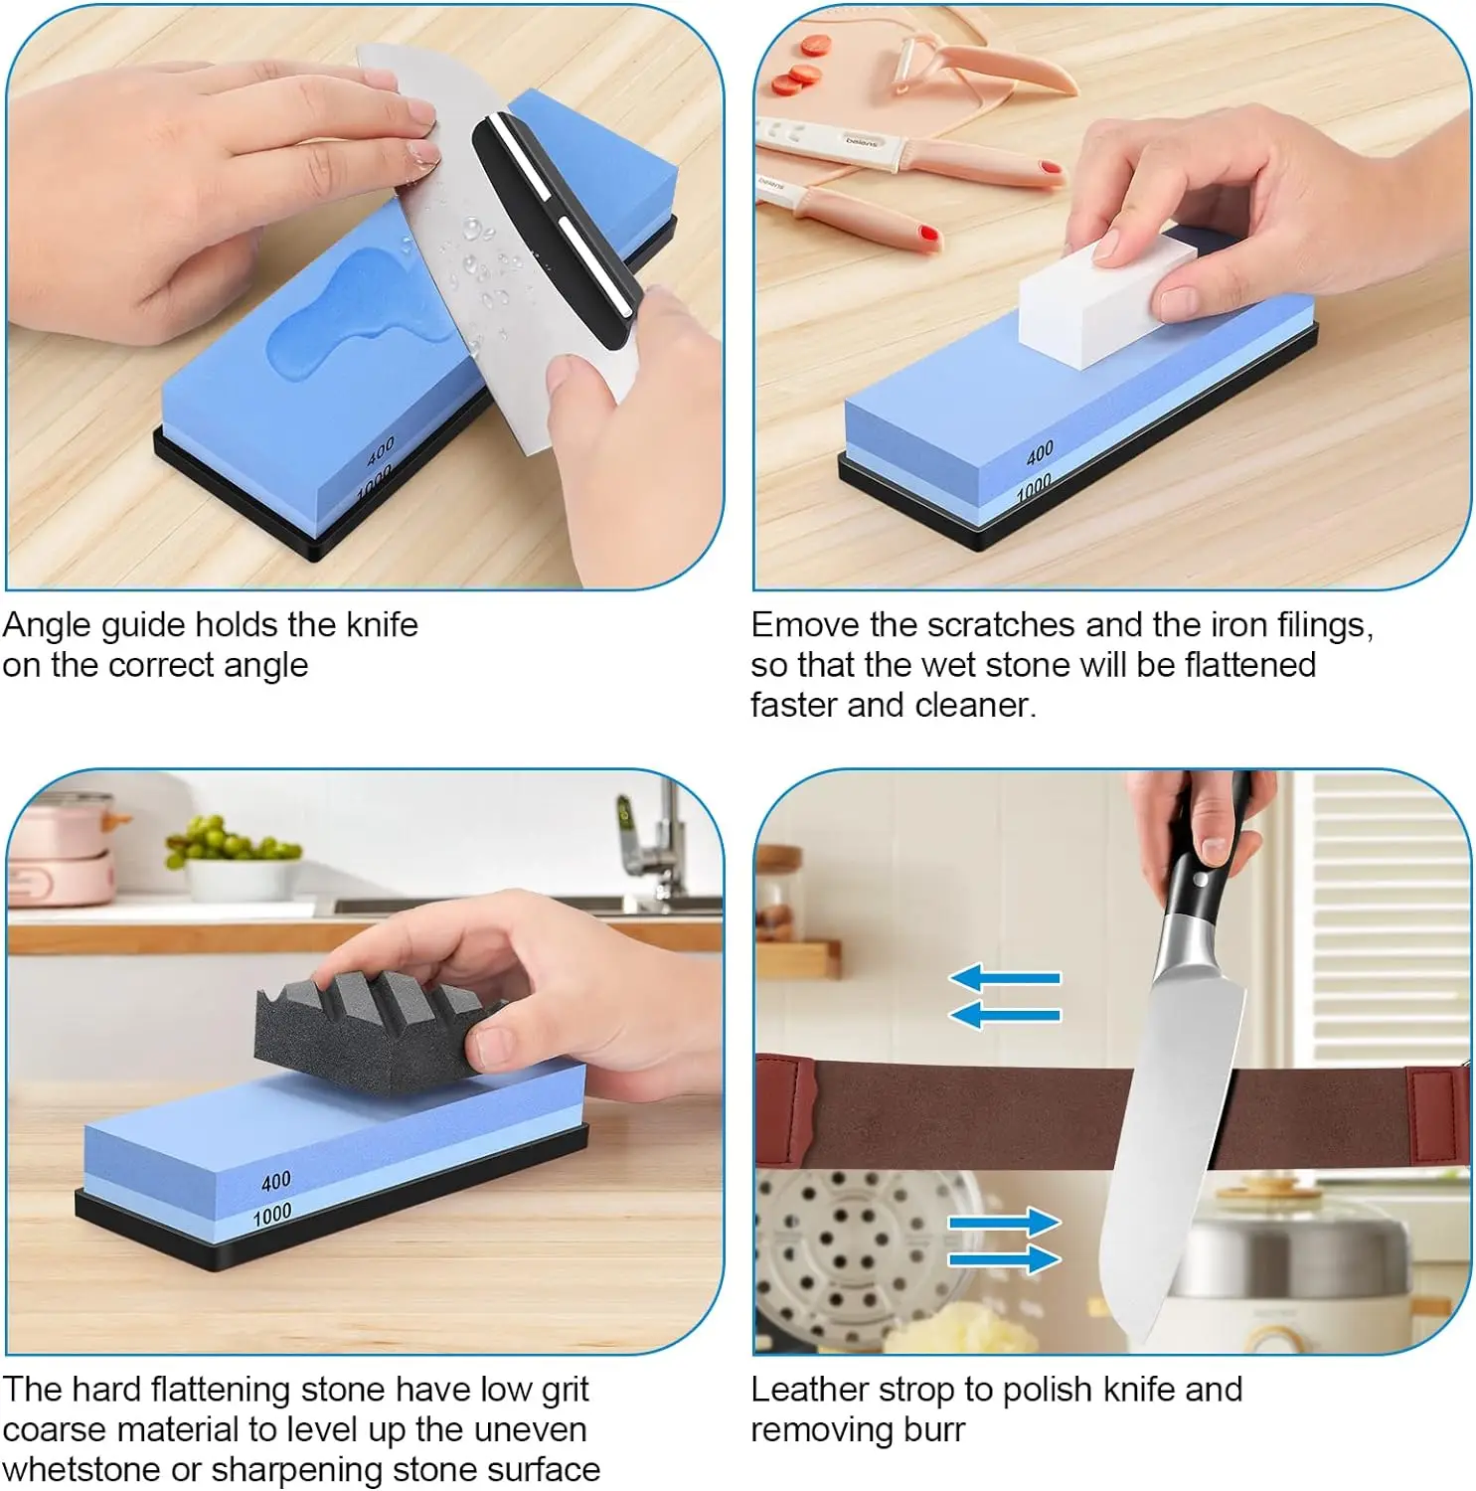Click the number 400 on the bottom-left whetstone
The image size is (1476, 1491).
[x=276, y=1181]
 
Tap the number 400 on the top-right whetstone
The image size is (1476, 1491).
[x=1040, y=453]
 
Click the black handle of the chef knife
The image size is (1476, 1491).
[x=1203, y=875]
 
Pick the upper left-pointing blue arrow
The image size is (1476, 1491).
[x=1005, y=978]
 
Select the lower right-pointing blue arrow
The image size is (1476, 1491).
[x=1005, y=1259]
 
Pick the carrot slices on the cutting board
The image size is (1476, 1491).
[x=800, y=65]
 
